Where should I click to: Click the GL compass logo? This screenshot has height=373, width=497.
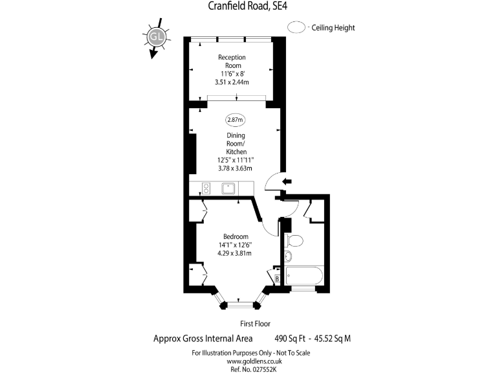(155, 36)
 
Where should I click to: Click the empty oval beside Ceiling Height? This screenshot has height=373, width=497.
(298, 28)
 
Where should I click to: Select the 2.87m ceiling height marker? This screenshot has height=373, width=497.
(234, 120)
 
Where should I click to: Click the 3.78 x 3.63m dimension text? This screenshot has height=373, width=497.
(234, 168)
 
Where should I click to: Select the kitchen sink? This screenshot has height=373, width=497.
(228, 188)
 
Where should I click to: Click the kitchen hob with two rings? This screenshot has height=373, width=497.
(206, 188)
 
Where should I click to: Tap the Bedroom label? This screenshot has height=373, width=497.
(236, 236)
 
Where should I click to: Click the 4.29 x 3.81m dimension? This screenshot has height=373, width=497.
(234, 253)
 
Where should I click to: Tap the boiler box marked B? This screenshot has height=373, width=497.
(278, 279)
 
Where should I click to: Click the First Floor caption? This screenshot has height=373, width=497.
(254, 323)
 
